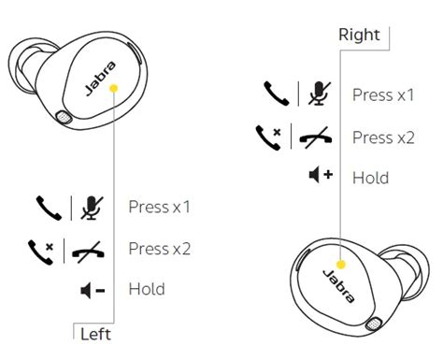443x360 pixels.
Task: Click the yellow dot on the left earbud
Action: [x=114, y=89]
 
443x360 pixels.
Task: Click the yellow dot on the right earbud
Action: [x=341, y=265]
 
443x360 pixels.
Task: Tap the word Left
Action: [x=95, y=335]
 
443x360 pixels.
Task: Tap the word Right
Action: [x=359, y=35]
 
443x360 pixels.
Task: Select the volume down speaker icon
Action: [x=93, y=291]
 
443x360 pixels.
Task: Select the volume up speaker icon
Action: [x=321, y=175]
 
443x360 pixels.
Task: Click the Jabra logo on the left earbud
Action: [x=100, y=79]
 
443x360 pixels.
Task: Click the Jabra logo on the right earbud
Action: [x=338, y=286]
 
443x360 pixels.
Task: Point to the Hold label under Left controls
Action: [x=147, y=289]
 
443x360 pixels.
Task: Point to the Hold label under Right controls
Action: [x=370, y=178]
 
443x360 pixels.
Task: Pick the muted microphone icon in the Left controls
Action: [x=92, y=208]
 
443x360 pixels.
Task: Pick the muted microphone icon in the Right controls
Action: [x=320, y=94]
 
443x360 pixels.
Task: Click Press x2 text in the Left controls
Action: [x=160, y=249]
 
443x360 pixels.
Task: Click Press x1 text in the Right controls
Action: [x=383, y=94]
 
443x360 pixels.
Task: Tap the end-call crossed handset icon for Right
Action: [x=316, y=137]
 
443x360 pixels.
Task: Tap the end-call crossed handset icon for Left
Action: [x=88, y=252]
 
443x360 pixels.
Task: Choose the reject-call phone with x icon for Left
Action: [x=41, y=252]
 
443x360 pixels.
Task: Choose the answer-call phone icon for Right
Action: [x=277, y=94]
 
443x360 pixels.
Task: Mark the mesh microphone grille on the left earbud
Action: [x=64, y=117]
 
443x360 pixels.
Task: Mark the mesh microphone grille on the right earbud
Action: [x=374, y=324]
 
